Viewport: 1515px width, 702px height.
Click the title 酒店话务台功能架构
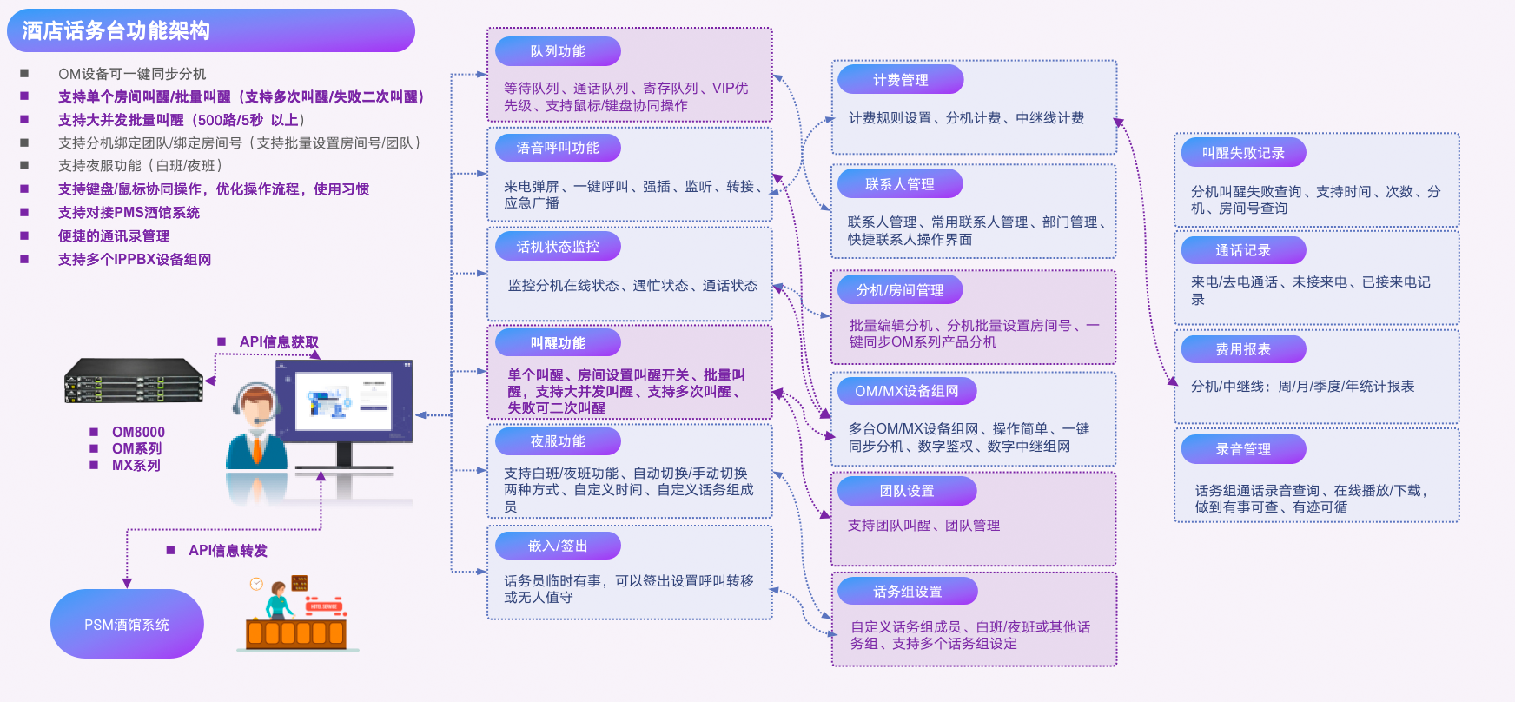(x=116, y=31)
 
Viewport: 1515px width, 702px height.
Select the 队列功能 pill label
(x=558, y=51)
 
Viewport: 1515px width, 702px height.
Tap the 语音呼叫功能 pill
(x=558, y=148)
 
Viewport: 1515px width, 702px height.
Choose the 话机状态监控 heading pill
(x=558, y=247)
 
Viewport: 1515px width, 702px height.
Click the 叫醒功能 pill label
(x=558, y=343)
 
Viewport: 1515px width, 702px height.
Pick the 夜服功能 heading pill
(x=558, y=441)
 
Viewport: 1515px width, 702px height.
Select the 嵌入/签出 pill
(x=558, y=546)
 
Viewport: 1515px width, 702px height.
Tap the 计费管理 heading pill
(x=900, y=80)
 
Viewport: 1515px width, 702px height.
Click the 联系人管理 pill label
(x=900, y=184)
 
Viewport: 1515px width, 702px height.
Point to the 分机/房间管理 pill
(x=900, y=290)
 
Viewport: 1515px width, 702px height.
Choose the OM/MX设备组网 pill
(x=906, y=391)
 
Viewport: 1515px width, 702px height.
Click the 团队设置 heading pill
(x=906, y=491)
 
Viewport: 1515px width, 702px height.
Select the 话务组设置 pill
(x=907, y=592)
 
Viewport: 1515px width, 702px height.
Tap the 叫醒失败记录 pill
(x=1243, y=153)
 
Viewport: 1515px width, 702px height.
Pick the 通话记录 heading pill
(x=1243, y=250)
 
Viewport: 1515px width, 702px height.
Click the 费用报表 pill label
(x=1243, y=349)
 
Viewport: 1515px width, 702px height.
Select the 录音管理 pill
(x=1243, y=449)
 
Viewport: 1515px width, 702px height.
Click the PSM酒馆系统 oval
(x=127, y=625)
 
